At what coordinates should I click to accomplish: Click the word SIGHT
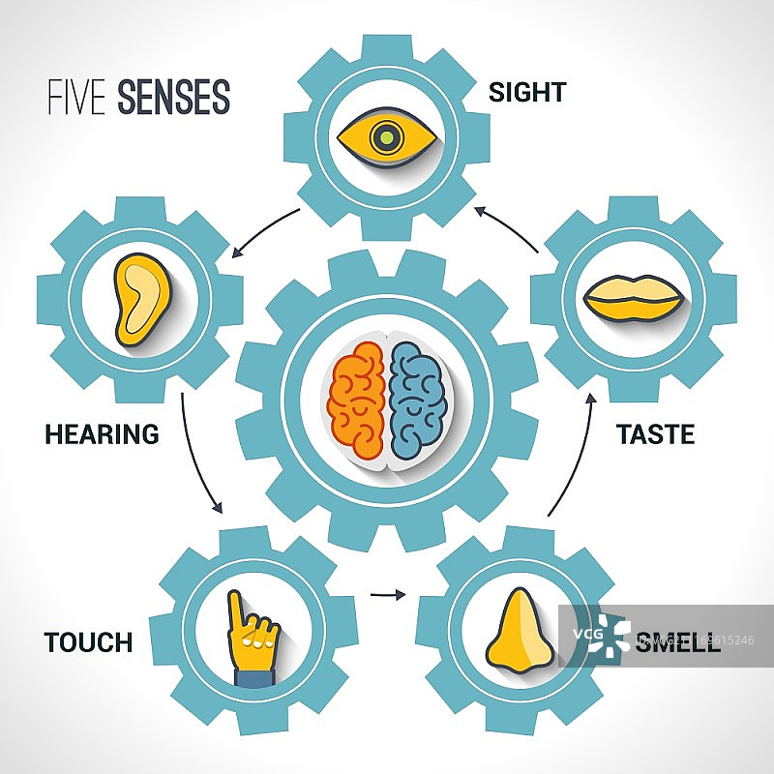point(526,93)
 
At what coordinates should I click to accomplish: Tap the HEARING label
point(102,434)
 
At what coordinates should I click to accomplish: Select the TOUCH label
point(88,642)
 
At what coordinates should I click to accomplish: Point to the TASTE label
point(655,434)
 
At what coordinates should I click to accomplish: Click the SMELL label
point(677,643)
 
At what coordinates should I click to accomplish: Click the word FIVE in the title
point(78,98)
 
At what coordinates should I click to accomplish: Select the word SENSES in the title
point(174,98)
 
